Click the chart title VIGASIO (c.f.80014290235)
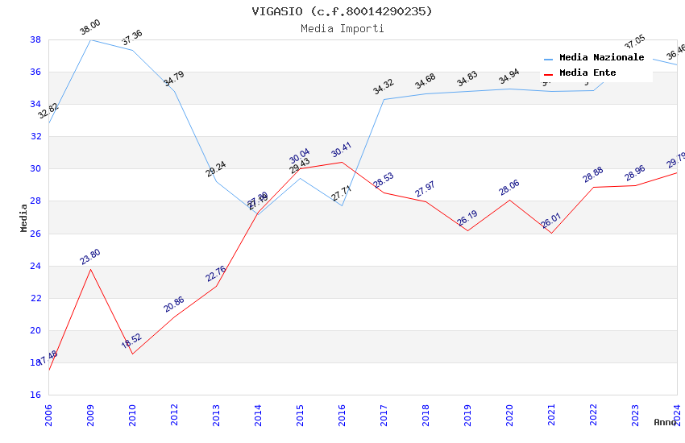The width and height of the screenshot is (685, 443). [x=342, y=11]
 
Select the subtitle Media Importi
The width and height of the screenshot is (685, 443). [x=342, y=28]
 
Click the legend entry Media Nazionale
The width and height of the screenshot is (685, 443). [x=601, y=58]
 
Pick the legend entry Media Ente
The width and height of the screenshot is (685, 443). [x=587, y=73]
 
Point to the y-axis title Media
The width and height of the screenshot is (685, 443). [x=24, y=217]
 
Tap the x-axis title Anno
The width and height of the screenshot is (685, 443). [x=665, y=422]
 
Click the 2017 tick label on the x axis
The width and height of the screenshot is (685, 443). [x=384, y=414]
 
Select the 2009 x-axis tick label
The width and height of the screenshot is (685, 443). [x=90, y=414]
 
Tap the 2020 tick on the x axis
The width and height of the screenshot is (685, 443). [x=509, y=414]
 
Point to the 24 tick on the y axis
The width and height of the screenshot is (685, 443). [x=36, y=266]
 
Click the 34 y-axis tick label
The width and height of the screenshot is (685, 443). [x=36, y=104]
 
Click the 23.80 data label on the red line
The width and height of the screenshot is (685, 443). [x=90, y=257]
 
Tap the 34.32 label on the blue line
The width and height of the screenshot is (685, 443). [x=384, y=87]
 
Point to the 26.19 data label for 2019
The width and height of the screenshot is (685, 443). [x=467, y=218]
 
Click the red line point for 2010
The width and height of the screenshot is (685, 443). [x=132, y=354]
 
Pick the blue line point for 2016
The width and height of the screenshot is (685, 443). [x=342, y=205]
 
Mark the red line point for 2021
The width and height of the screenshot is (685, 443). [x=551, y=233]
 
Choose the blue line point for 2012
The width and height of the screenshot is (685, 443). [x=174, y=91]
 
